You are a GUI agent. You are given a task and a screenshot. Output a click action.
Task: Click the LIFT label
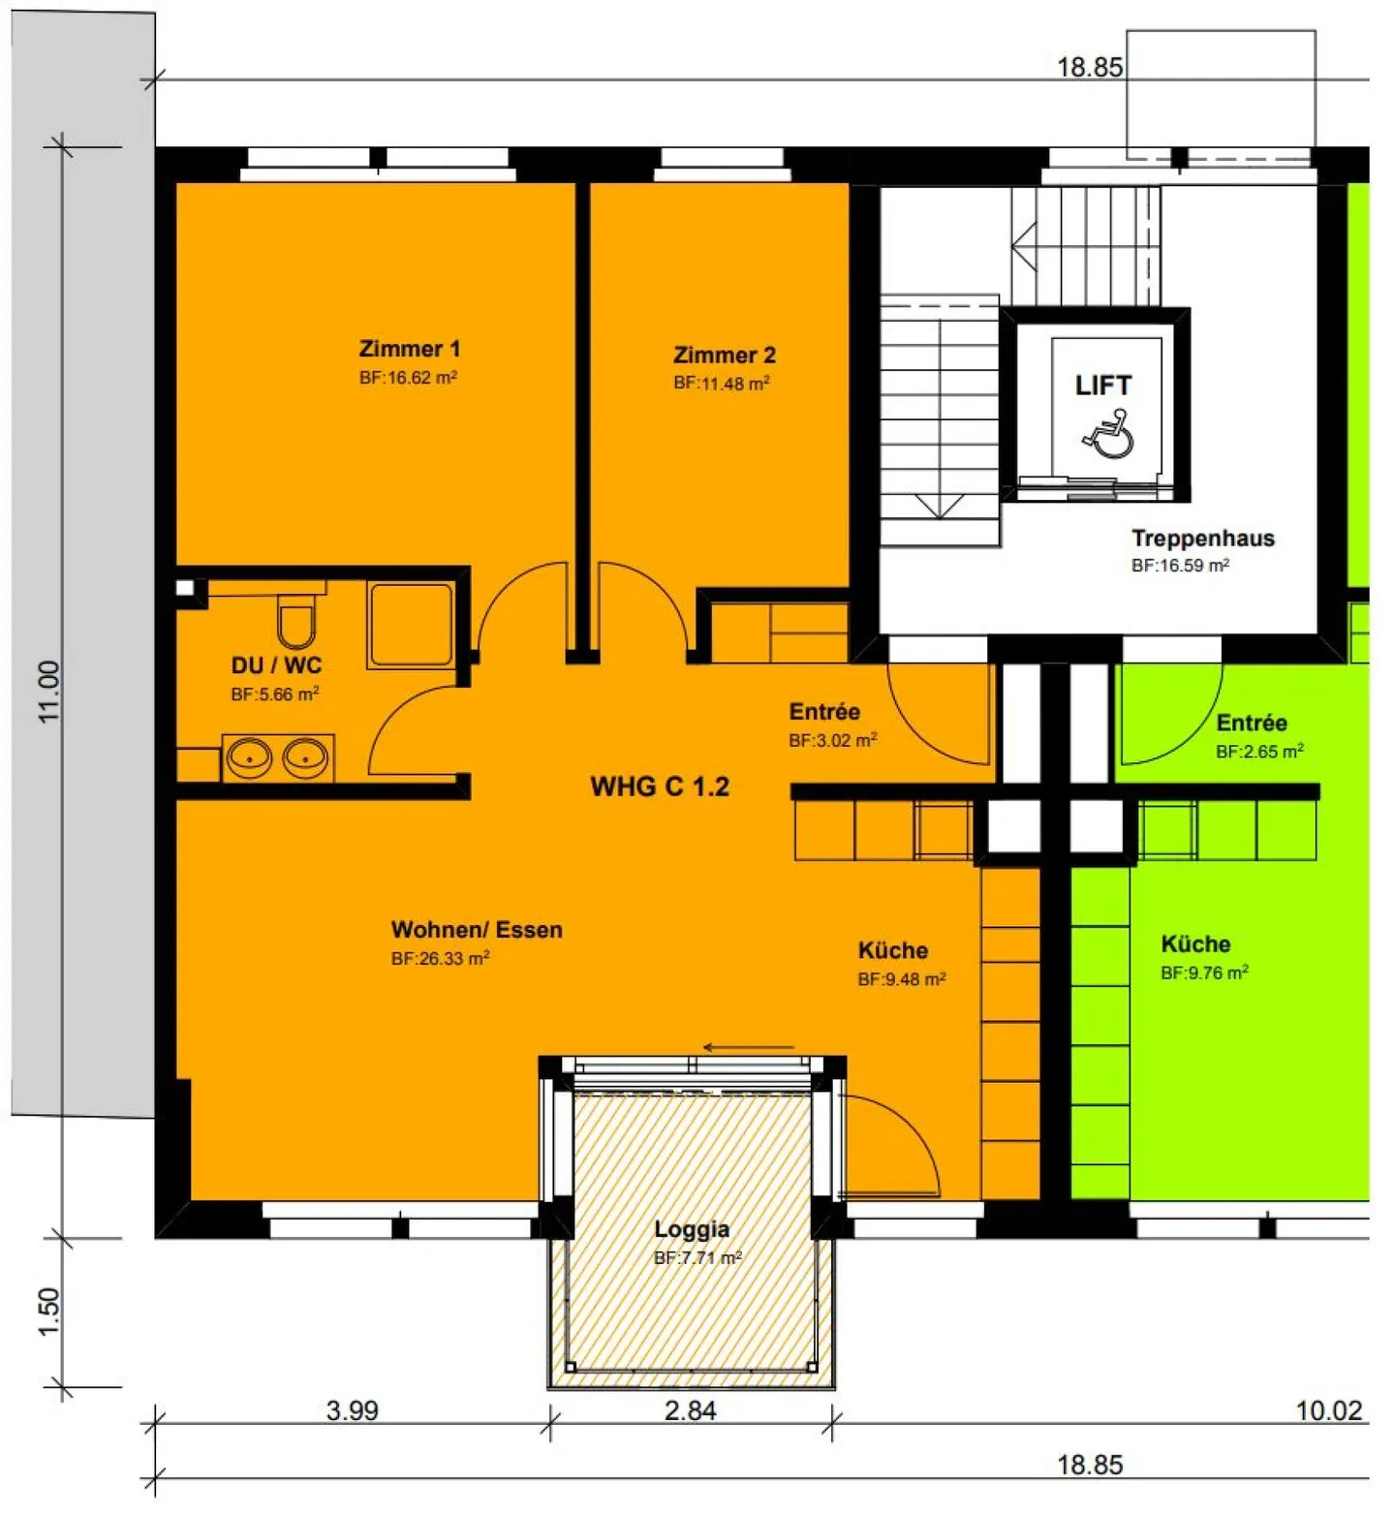pos(1102,386)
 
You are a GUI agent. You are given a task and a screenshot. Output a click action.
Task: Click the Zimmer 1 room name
pos(409,349)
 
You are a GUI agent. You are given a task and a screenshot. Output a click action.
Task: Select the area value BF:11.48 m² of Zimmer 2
pos(722,384)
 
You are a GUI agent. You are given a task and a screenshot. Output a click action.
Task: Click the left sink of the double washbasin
pos(249,757)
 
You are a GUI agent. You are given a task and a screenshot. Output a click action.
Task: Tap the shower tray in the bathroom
pos(410,625)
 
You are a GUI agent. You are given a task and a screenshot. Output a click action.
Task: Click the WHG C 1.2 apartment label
pos(660,787)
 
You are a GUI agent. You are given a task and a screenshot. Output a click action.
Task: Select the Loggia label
pos(692,1229)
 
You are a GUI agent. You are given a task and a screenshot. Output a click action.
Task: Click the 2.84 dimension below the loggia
pos(690,1410)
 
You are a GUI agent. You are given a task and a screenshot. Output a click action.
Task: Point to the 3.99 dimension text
pos(352,1410)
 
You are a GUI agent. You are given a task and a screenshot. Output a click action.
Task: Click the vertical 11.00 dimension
pos(49,692)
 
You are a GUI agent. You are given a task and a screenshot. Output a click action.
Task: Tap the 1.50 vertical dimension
pos(49,1312)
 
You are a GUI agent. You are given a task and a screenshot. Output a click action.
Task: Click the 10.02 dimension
pos(1329,1410)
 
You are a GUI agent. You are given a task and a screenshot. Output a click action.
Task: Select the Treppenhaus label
pos(1202,539)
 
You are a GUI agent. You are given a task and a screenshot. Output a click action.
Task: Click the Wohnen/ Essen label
pos(477,930)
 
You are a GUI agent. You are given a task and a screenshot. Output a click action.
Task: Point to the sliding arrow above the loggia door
pos(748,1047)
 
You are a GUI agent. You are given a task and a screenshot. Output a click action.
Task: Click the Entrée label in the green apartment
pos(1252,724)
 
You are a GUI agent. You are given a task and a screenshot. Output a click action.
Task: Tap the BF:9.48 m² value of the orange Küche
pos(901,979)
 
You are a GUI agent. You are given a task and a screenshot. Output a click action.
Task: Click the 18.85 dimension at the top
pos(1089,67)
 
